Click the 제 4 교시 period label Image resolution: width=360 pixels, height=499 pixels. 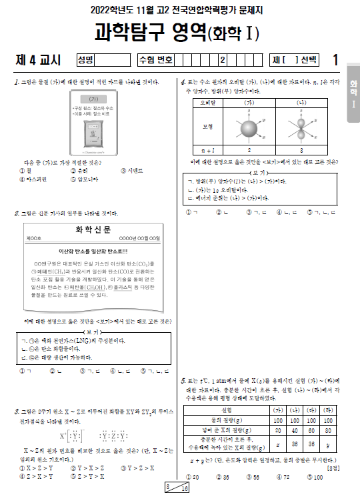click(x=38, y=60)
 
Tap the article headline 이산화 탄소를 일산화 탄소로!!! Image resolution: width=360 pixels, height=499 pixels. click(x=93, y=251)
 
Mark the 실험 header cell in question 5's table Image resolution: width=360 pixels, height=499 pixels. click(x=226, y=409)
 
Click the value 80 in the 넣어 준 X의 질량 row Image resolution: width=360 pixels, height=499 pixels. click(x=327, y=430)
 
